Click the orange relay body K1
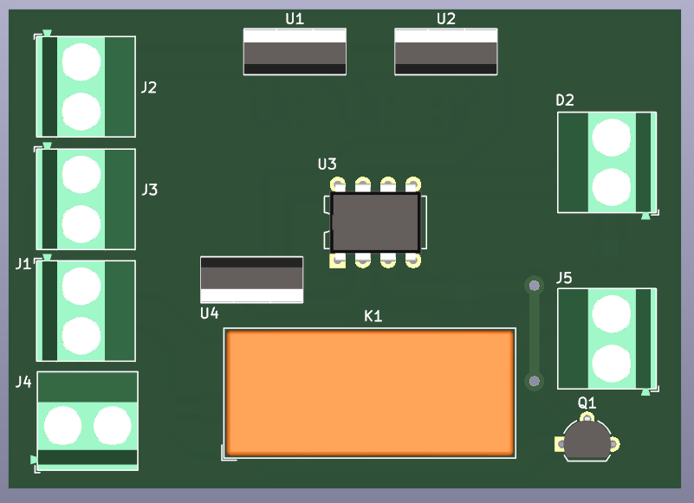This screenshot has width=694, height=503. [x=370, y=393]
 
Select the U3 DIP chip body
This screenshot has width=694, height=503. [x=375, y=222]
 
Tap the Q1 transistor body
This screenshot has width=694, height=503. [x=587, y=440]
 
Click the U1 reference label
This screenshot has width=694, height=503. [x=295, y=19]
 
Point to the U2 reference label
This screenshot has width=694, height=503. [x=445, y=19]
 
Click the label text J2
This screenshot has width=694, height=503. [x=149, y=87]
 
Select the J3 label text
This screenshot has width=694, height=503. [x=150, y=190]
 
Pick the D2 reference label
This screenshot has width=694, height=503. [x=565, y=100]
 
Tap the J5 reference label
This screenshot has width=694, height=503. [x=564, y=278]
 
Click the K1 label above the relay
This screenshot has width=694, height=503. [x=373, y=316]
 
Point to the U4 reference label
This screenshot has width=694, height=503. [x=210, y=313]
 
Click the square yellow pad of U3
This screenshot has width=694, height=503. [x=337, y=261]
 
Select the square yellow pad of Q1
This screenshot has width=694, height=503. [x=560, y=444]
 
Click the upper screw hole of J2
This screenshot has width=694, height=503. [x=81, y=61]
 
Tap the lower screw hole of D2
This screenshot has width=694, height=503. [x=611, y=187]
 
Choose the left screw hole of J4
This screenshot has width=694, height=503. [x=62, y=426]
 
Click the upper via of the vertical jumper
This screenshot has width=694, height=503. [x=535, y=286]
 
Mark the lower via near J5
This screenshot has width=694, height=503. [x=535, y=381]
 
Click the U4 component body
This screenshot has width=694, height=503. [x=251, y=280]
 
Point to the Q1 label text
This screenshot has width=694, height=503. [x=587, y=403]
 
